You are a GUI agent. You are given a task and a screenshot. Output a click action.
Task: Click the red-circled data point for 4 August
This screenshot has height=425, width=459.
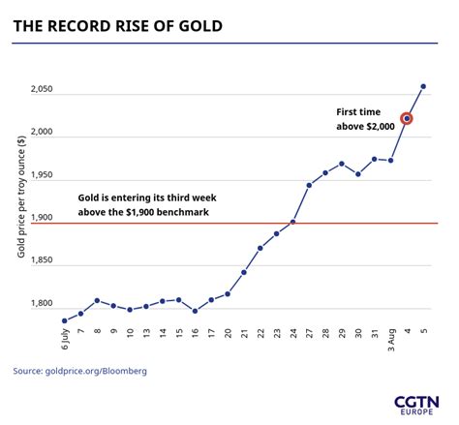click(x=407, y=118)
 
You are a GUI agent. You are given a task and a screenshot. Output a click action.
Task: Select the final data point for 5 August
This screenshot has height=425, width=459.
click(x=423, y=86)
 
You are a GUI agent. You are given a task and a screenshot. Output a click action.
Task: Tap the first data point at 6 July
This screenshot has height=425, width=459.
click(x=64, y=320)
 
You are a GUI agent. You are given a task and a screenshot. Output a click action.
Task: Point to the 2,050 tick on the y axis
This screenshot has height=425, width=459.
click(x=41, y=90)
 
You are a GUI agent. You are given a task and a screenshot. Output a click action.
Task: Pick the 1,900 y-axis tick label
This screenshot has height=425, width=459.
click(x=41, y=218)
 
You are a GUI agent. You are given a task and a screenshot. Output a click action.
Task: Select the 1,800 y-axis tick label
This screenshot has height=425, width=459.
click(x=41, y=303)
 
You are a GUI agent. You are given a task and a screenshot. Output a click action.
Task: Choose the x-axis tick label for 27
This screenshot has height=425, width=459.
click(x=309, y=337)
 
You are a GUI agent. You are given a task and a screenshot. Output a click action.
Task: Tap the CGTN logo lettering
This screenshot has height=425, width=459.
click(x=415, y=400)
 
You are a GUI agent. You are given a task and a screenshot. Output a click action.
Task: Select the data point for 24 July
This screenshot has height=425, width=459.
click(x=292, y=222)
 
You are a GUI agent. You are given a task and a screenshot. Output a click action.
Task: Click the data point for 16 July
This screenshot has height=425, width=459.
click(x=195, y=311)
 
